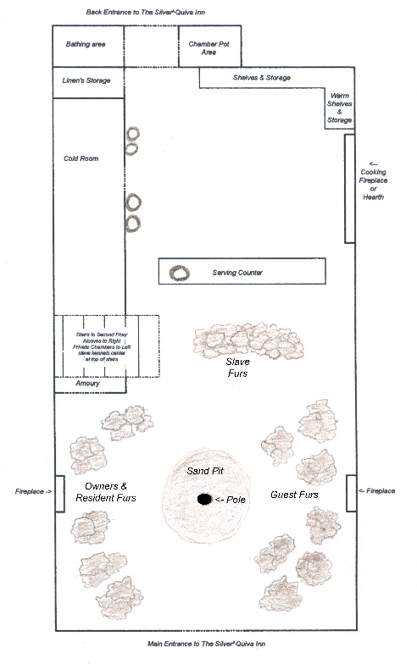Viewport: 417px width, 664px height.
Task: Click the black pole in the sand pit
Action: tap(204, 500)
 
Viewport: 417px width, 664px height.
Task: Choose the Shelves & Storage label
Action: tap(262, 78)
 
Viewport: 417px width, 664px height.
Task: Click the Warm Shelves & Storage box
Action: tap(339, 108)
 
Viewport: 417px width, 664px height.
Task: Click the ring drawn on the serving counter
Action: tap(179, 273)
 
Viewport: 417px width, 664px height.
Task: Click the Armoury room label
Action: tap(87, 384)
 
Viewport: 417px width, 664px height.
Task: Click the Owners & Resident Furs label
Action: tap(112, 492)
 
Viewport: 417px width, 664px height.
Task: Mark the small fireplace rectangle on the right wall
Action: tap(349, 492)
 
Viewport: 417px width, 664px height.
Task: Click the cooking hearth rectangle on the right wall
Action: tap(348, 187)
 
